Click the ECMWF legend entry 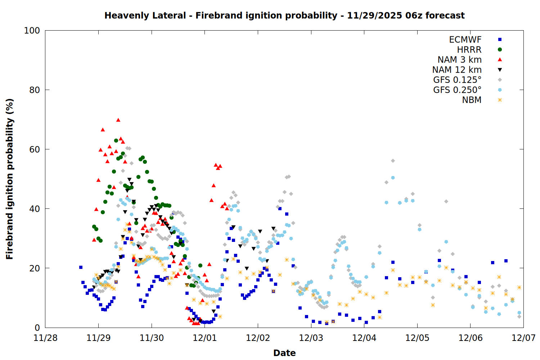pyautogui.click(x=465, y=40)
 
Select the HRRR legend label pyautogui.click(x=469, y=50)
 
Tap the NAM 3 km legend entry pyautogui.click(x=459, y=60)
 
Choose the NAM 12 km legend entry pyautogui.click(x=457, y=70)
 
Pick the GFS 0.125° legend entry pyautogui.click(x=457, y=80)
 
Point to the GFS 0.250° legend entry pyautogui.click(x=457, y=90)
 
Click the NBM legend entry pyautogui.click(x=472, y=100)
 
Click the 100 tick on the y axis pyautogui.click(x=32, y=31)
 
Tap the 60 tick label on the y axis pyautogui.click(x=35, y=149)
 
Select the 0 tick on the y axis pyautogui.click(x=37, y=328)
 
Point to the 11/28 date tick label pyautogui.click(x=45, y=338)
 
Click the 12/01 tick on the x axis pyautogui.click(x=204, y=338)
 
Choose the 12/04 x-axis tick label pyautogui.click(x=364, y=338)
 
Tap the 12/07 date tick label pyautogui.click(x=523, y=338)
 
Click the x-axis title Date pyautogui.click(x=284, y=353)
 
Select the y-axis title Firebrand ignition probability pyautogui.click(x=10, y=179)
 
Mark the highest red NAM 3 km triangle pyautogui.click(x=118, y=120)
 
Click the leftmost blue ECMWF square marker pyautogui.click(x=81, y=267)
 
